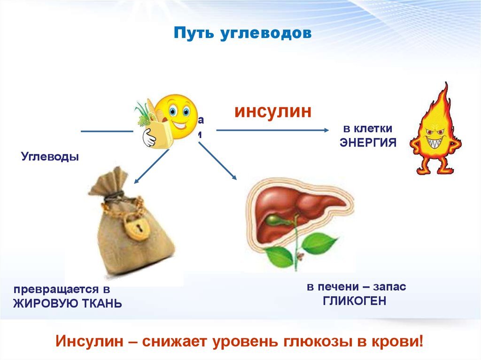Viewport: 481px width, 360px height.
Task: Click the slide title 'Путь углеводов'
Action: coord(243,34)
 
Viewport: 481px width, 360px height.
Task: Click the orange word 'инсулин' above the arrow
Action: coord(273,112)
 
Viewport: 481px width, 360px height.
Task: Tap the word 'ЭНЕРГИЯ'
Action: coord(368,143)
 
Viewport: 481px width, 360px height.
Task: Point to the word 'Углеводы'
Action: coord(50,156)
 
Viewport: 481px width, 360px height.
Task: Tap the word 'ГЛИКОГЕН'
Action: coord(355,301)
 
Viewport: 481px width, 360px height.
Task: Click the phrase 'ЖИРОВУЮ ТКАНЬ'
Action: coord(68,304)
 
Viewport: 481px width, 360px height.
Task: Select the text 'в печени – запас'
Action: coord(357,286)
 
